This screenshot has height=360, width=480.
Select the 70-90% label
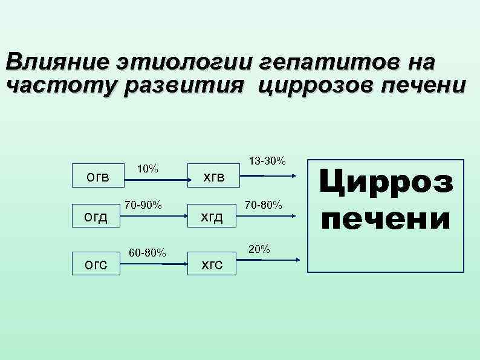[143, 205]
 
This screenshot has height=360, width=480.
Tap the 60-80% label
[147, 251]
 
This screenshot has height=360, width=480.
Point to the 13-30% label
[268, 160]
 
